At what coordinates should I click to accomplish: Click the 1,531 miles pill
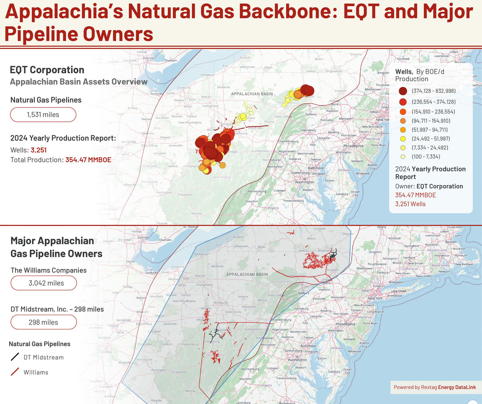pos(43,115)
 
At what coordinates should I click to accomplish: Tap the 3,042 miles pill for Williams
pos(43,283)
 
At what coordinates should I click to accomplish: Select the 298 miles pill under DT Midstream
pos(43,322)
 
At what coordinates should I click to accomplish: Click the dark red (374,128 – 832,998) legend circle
pos(403,91)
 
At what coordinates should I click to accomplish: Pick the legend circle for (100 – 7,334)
pos(403,157)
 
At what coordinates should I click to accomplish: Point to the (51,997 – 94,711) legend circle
pos(403,129)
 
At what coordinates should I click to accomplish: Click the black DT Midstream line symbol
pos(15,357)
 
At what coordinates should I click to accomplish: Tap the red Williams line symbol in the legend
pos(15,372)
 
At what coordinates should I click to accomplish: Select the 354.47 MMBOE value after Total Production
pos(88,160)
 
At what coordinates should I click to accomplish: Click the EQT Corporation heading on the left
pos(47,70)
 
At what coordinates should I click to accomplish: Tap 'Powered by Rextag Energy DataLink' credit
pos(435,387)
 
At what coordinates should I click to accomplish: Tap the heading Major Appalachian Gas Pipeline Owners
pos(56,247)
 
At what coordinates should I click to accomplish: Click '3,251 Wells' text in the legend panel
pos(410,204)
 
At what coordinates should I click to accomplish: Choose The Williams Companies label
pos(48,270)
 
